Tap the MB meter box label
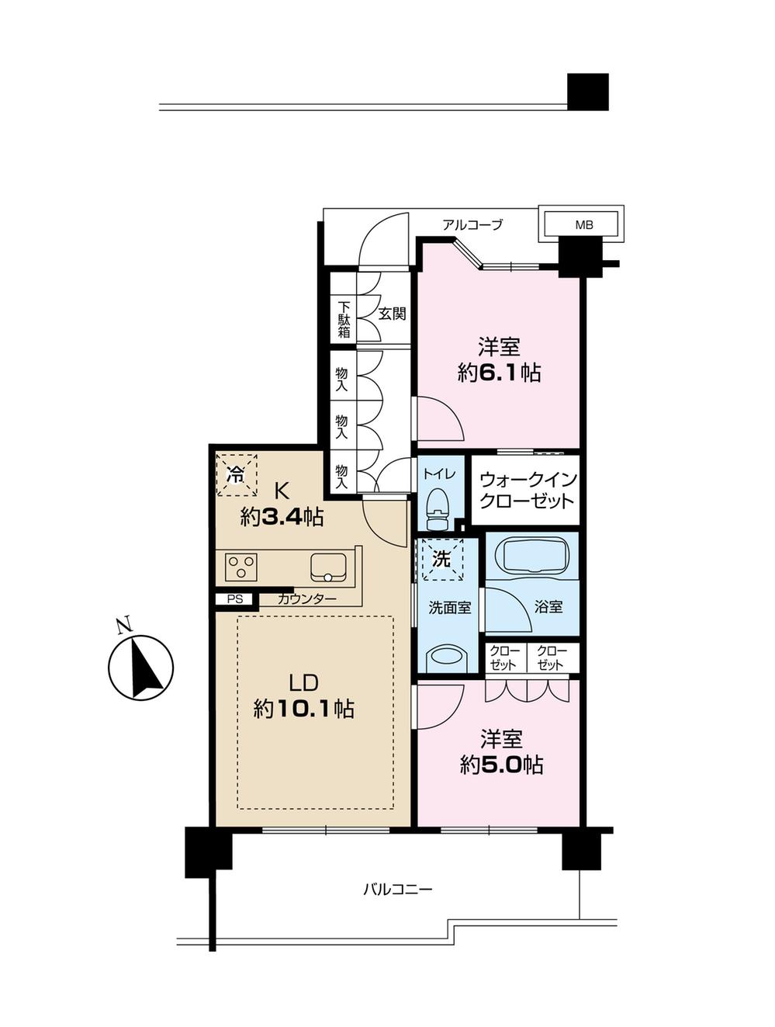(583, 225)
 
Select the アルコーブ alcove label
(472, 225)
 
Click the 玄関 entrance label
(393, 314)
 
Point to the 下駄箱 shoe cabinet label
(343, 318)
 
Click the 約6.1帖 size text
(499, 373)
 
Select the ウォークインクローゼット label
(527, 490)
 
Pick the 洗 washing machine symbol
(441, 559)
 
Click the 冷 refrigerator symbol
(236, 475)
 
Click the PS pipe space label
(234, 599)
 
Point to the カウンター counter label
(307, 599)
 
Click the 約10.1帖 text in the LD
(303, 709)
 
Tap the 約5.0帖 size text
(501, 765)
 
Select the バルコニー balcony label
(397, 889)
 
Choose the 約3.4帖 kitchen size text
(282, 517)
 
